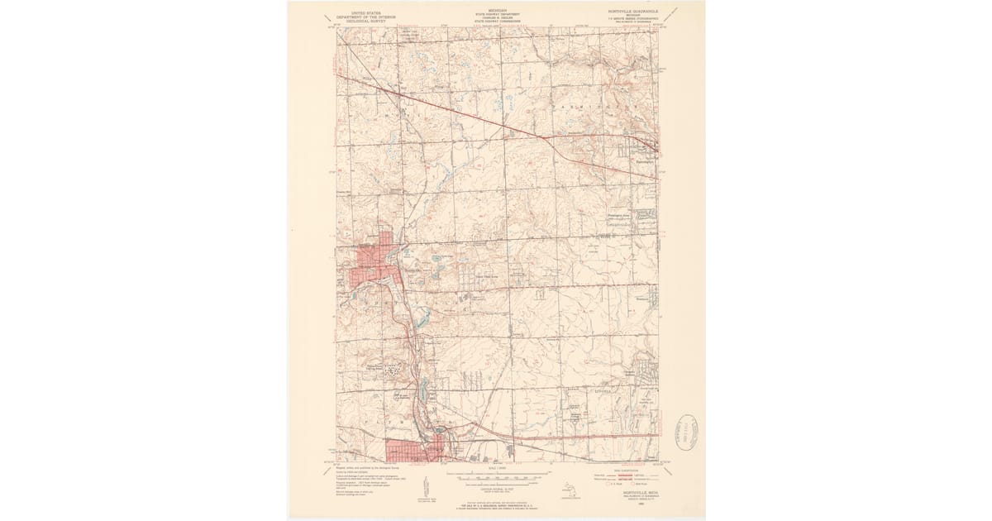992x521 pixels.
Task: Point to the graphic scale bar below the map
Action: [x=496, y=476]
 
